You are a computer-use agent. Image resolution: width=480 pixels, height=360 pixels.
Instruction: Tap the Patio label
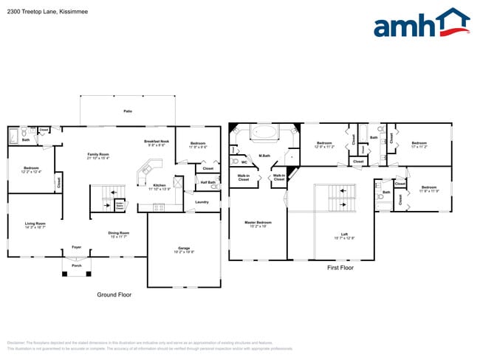pos(128,111)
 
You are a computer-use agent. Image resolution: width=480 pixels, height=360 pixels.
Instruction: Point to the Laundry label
pos(202,201)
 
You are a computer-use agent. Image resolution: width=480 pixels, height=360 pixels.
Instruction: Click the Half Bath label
pos(208,182)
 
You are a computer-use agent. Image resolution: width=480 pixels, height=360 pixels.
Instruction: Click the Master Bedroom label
pos(258,224)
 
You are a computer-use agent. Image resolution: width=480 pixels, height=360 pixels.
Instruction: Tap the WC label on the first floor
pos(244,162)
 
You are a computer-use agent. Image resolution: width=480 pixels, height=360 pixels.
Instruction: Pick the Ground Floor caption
pos(114,294)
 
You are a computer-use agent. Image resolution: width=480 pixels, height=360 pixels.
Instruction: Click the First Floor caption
pos(340,269)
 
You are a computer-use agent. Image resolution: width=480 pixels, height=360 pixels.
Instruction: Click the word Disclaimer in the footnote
pos(16,343)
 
